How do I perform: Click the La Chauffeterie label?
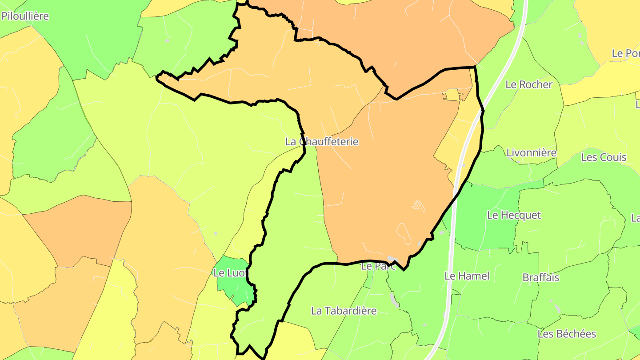click(x=321, y=142)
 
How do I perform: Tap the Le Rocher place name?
click(x=529, y=84)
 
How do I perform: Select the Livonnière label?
click(x=531, y=153)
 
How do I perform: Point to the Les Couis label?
click(x=604, y=157)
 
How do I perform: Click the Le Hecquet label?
click(x=514, y=215)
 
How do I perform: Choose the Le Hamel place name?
click(x=467, y=276)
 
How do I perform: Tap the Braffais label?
click(x=540, y=278)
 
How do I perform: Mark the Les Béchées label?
click(x=567, y=334)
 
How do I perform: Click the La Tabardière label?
click(x=344, y=311)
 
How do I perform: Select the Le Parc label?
click(x=372, y=267)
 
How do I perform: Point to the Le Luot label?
click(x=229, y=273)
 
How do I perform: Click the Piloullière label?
click(x=25, y=16)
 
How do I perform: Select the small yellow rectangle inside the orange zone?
click(x=451, y=95)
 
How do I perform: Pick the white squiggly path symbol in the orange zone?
click(x=418, y=205)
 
